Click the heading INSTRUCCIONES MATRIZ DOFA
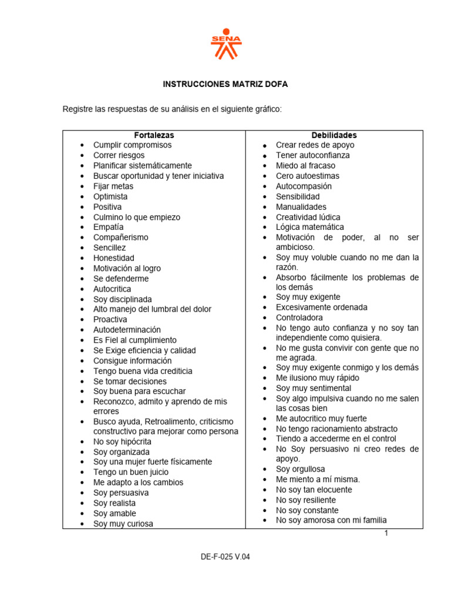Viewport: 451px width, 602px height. (225, 85)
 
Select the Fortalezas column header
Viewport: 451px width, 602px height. (154, 135)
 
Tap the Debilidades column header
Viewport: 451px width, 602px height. (334, 135)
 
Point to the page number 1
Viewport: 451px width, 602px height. (386, 533)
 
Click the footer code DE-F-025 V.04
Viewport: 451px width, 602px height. (225, 557)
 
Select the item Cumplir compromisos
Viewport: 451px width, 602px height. (132, 145)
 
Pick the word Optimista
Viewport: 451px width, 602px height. (110, 196)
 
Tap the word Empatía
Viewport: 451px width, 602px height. (109, 227)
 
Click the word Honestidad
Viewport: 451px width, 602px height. (113, 258)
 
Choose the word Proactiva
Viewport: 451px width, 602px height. (110, 319)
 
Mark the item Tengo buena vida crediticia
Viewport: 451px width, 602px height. (143, 371)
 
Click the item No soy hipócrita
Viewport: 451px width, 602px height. (122, 442)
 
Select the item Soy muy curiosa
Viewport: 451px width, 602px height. (123, 524)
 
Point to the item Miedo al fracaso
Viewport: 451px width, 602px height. (306, 166)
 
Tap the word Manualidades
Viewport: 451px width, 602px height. (301, 207)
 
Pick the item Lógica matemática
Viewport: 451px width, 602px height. (310, 227)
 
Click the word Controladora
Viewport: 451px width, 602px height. (299, 317)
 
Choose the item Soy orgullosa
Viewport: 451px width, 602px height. (301, 469)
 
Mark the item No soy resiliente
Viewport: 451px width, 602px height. (306, 500)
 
